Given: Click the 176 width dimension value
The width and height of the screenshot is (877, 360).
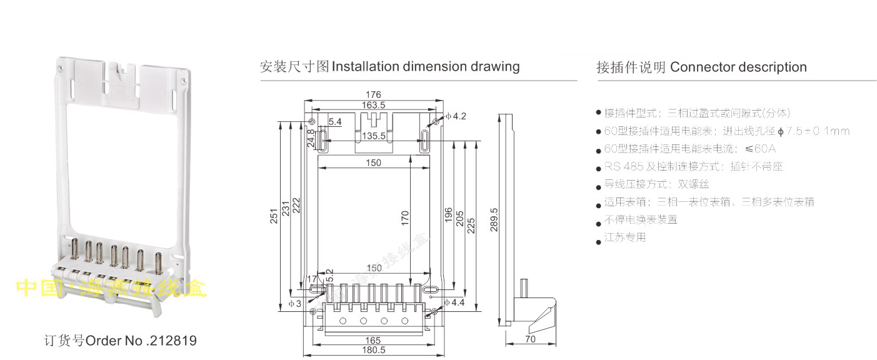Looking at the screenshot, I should click(374, 95).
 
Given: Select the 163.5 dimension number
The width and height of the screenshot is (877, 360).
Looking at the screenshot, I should click(374, 105).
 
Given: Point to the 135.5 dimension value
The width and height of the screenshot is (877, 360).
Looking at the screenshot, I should click(374, 136).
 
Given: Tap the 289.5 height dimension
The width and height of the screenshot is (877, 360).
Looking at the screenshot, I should click(494, 219).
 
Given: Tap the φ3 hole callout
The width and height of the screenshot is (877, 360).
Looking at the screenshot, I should click(295, 303).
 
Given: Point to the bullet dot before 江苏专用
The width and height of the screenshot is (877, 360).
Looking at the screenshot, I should click(598, 239).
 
